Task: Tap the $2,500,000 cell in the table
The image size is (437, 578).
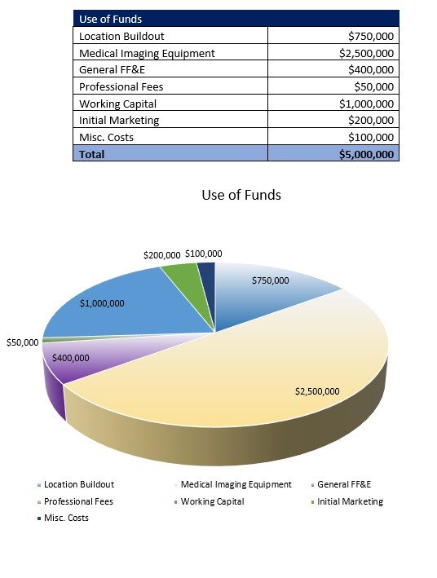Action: pos(366,53)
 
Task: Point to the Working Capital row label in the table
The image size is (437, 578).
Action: pos(117,104)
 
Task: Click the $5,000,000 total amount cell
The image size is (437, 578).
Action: pos(366,153)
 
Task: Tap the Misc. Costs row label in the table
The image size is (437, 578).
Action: pos(106,137)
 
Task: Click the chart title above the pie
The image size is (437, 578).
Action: pos(241,196)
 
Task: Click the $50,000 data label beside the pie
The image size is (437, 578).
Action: pos(23,343)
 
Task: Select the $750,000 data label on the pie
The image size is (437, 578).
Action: pos(270,281)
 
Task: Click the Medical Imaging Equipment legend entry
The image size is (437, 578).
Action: pos(236,484)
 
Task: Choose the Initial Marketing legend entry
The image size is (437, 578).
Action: pos(350,501)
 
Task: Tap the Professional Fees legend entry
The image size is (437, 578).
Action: pos(78,501)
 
